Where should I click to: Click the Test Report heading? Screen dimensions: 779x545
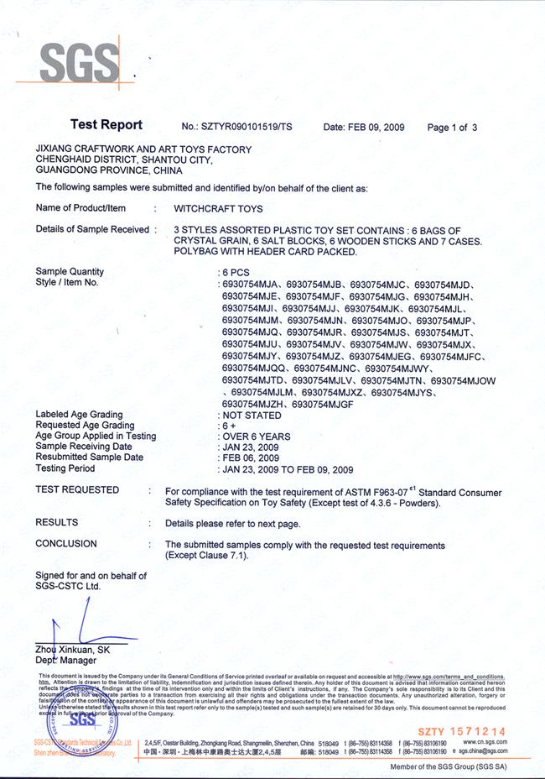click(x=106, y=125)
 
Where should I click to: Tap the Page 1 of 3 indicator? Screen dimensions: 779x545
click(x=452, y=128)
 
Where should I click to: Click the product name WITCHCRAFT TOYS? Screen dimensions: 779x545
click(x=218, y=208)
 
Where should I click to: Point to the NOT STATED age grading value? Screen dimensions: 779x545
click(x=251, y=415)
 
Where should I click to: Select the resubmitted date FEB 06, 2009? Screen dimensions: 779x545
click(x=252, y=458)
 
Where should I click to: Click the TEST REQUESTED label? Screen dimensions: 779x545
click(x=77, y=490)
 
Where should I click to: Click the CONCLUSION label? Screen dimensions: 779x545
click(x=66, y=544)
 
